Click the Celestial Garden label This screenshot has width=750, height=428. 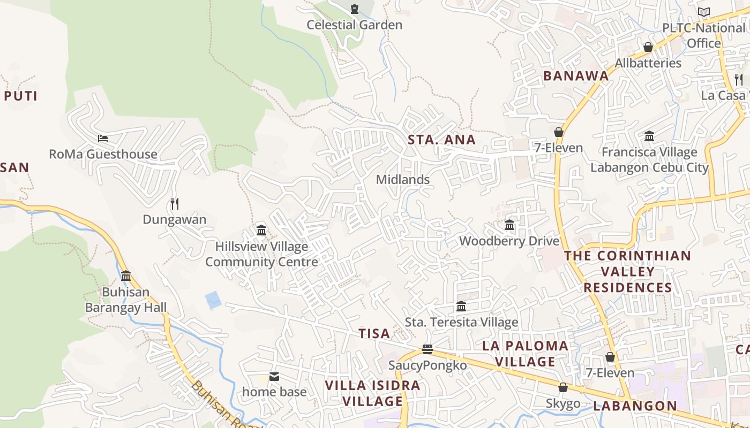pos(354,25)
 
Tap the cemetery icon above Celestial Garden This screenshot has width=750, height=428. pos(354,9)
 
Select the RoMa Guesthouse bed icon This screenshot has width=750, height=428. pos(103,138)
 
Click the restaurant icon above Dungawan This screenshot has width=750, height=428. pos(174,203)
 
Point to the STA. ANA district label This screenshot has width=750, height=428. pos(441,140)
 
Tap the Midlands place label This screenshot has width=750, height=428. pos(403,180)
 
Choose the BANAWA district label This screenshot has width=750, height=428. pos(576,76)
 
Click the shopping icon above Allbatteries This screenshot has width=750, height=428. pos(648,47)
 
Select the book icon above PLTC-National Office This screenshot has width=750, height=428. pos(704,12)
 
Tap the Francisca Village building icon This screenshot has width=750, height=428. pos(649,136)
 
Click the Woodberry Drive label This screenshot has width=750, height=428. pos(509,241)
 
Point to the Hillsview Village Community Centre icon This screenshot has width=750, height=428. pos(261,230)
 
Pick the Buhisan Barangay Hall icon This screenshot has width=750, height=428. pos(126,276)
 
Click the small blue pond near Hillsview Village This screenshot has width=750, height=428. pos(213,300)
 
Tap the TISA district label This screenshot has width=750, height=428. pos(374,334)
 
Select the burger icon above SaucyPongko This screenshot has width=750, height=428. pos(427,349)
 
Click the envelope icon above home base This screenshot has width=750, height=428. pos(274,377)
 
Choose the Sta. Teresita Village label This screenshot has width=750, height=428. pos(461,322)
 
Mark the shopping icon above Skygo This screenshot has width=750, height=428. pos(563,387)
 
